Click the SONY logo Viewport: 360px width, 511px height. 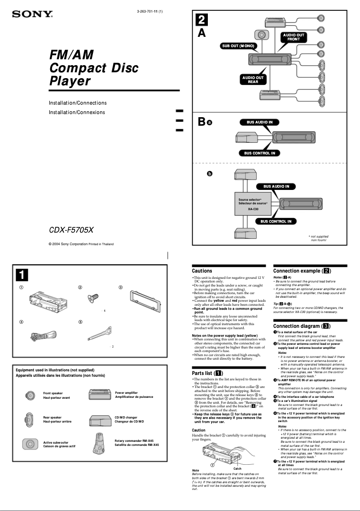(32, 14)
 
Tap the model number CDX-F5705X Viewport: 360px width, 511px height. (71, 230)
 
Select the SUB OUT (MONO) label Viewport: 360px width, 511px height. (237, 46)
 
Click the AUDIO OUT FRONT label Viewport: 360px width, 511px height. (294, 37)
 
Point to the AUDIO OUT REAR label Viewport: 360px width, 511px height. (253, 80)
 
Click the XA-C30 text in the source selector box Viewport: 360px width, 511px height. (253, 209)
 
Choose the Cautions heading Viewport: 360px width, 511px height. (202, 271)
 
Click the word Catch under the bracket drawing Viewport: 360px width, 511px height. (237, 468)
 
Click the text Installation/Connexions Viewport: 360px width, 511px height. (77, 112)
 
